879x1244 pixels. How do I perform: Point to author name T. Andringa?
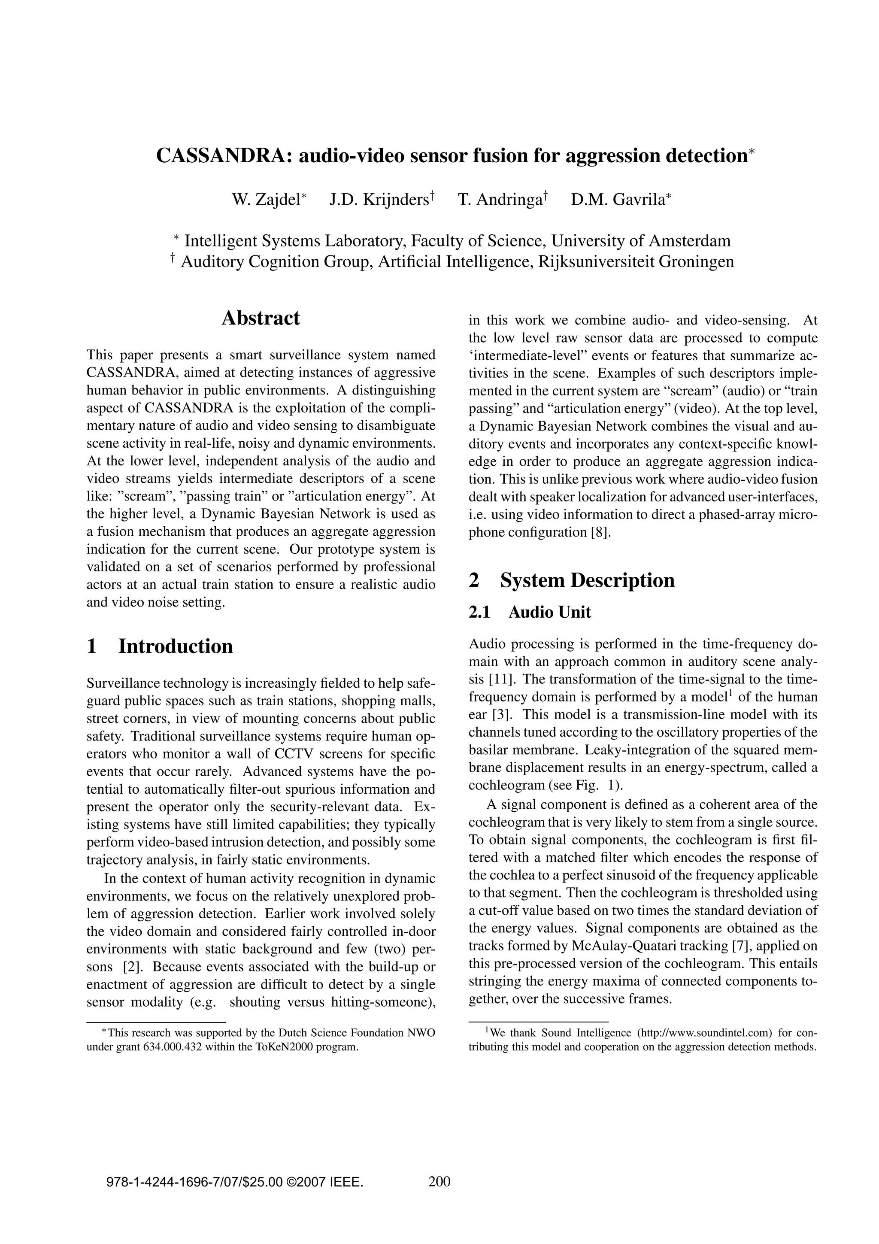(x=501, y=200)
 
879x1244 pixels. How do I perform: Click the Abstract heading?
(x=261, y=318)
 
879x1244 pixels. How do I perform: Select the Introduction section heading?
(x=176, y=646)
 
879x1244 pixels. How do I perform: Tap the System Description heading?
(x=587, y=580)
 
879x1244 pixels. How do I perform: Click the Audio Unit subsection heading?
(x=550, y=612)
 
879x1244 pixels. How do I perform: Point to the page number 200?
(x=439, y=1181)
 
